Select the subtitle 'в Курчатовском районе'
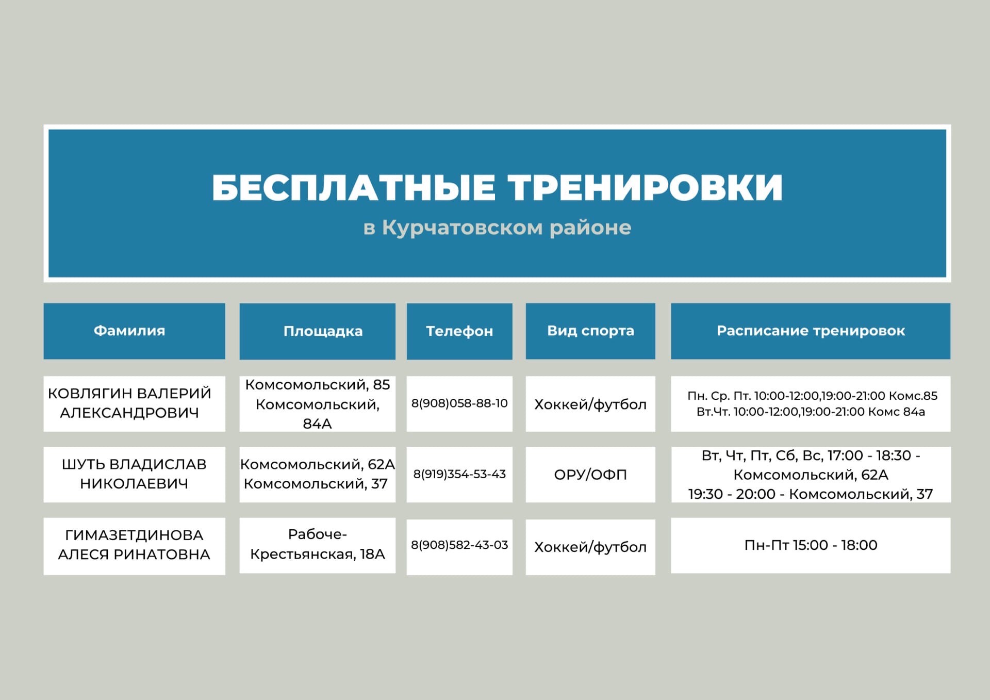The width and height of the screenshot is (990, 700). (497, 227)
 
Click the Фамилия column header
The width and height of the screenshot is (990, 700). (129, 331)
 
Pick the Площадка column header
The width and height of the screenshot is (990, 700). (323, 331)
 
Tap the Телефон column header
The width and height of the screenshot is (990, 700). (459, 331)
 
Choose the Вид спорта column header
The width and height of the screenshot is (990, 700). (590, 331)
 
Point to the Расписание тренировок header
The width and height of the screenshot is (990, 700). (811, 331)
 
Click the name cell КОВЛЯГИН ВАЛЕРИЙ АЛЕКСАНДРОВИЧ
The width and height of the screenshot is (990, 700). (129, 403)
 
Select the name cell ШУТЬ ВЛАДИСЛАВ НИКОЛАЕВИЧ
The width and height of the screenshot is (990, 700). (134, 474)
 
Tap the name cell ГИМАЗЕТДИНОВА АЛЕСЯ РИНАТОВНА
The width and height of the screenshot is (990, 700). (134, 544)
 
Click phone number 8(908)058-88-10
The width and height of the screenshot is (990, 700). (459, 403)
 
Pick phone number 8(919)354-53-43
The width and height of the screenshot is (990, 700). (459, 474)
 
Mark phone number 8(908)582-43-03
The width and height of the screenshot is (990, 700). (459, 545)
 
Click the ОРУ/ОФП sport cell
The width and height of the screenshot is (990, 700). (590, 474)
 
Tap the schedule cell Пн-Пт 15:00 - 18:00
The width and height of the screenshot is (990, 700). (811, 545)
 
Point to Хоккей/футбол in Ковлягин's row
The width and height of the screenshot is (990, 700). (590, 404)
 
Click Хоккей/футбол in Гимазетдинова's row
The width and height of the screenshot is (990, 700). (590, 547)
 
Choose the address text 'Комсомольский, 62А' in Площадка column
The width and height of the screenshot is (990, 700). (318, 464)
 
